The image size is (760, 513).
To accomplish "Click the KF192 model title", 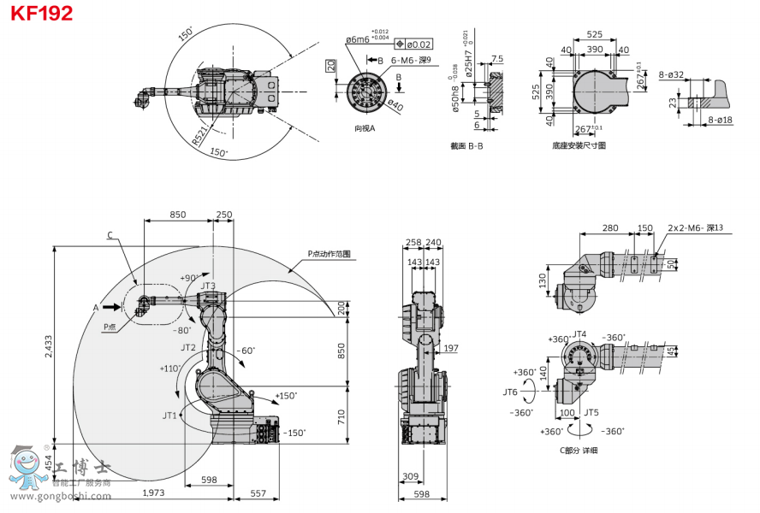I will [x=41, y=13].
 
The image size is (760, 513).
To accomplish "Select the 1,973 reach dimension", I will [x=153, y=492].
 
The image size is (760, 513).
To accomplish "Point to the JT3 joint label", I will [x=208, y=286].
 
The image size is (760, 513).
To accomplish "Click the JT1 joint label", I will [x=171, y=415].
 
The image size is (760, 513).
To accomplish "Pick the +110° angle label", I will [x=169, y=369].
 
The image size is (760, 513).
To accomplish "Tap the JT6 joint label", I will [x=509, y=393].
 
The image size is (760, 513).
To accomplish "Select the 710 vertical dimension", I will [x=341, y=417].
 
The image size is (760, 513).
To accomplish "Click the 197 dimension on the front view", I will [x=452, y=348].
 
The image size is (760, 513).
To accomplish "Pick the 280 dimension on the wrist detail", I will [x=609, y=228].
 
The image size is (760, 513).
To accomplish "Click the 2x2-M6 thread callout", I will [x=694, y=228].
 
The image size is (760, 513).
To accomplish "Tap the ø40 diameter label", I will [x=395, y=107].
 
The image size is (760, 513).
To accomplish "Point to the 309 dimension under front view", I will [x=410, y=476].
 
